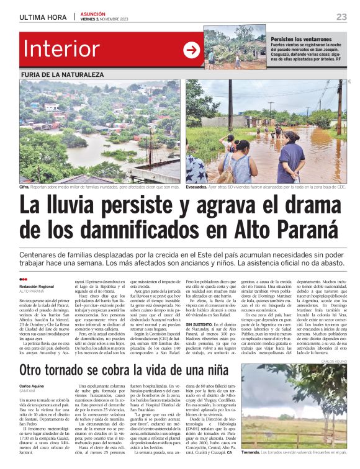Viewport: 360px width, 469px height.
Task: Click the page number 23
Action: [341, 17]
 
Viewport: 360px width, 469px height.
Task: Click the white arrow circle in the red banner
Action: [192, 49]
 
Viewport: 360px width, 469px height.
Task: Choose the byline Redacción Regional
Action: [37, 286]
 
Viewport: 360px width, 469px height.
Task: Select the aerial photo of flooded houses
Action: [101, 130]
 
